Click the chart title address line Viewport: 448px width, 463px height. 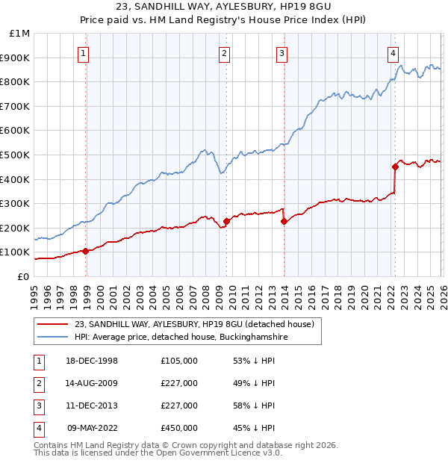[x=224, y=8]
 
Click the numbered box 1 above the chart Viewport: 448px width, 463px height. [x=83, y=52]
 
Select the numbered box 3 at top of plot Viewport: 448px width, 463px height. [x=281, y=52]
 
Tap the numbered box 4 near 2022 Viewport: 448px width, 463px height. [x=393, y=52]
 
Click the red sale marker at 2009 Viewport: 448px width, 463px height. [x=226, y=221]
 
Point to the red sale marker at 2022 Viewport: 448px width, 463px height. [x=395, y=167]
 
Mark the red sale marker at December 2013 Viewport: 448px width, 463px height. [x=284, y=221]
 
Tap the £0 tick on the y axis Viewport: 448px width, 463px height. [x=22, y=276]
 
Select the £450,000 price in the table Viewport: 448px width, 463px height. [x=178, y=428]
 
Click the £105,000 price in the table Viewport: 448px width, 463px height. [x=178, y=361]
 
